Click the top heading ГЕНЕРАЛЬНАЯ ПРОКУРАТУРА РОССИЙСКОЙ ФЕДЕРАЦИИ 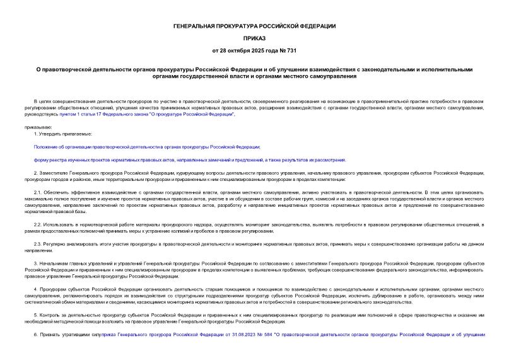point(255,26)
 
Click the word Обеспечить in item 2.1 point(56,190)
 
